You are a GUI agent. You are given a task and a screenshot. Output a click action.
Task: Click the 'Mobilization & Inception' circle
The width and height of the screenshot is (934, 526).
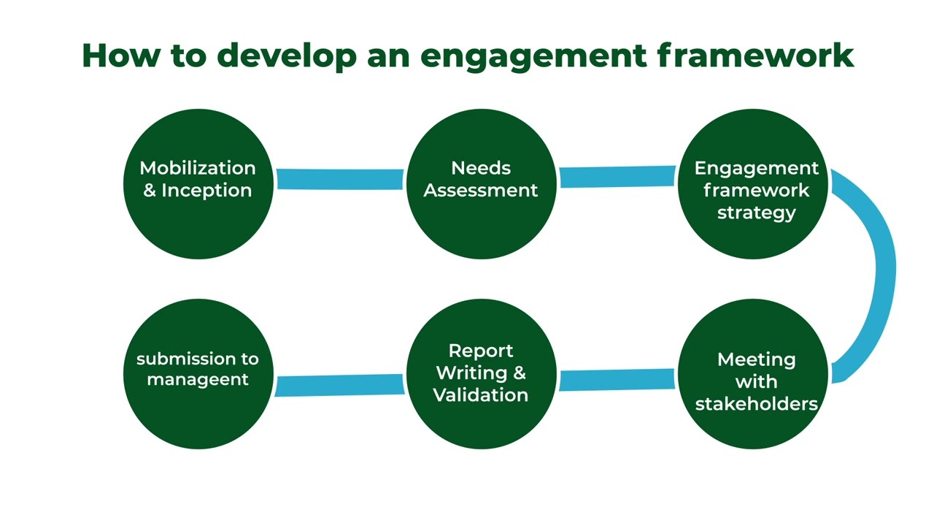coord(198,183)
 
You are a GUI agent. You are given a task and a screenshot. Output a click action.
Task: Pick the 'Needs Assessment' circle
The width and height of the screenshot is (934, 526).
coord(481,183)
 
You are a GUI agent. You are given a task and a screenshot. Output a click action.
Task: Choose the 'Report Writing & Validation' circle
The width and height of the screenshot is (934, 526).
coord(481,374)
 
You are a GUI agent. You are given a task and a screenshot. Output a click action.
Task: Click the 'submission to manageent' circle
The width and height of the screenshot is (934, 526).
coord(198,374)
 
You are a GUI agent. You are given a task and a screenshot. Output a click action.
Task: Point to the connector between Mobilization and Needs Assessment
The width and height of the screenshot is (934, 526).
coord(339,179)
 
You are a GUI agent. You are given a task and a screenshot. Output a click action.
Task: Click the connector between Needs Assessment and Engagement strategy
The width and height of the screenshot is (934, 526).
coord(617,177)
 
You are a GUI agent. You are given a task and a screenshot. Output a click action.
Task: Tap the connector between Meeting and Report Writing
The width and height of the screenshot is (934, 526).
coord(617,379)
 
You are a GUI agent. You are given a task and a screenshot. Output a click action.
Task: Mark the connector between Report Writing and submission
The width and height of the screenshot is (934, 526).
coord(339,385)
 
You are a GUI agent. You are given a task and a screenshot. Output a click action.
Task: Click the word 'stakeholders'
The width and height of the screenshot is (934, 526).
coord(756,403)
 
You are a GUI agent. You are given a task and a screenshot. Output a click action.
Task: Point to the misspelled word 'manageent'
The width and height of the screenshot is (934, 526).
coord(198,380)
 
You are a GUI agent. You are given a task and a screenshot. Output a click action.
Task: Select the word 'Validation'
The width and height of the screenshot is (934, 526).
coord(481,395)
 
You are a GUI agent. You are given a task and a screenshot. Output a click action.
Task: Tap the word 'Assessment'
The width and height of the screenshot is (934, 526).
coord(481,191)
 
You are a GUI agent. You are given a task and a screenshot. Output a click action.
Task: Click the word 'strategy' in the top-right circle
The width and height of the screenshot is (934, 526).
coord(756,213)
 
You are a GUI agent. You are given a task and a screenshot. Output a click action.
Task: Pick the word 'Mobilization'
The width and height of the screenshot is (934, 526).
coord(198,168)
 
